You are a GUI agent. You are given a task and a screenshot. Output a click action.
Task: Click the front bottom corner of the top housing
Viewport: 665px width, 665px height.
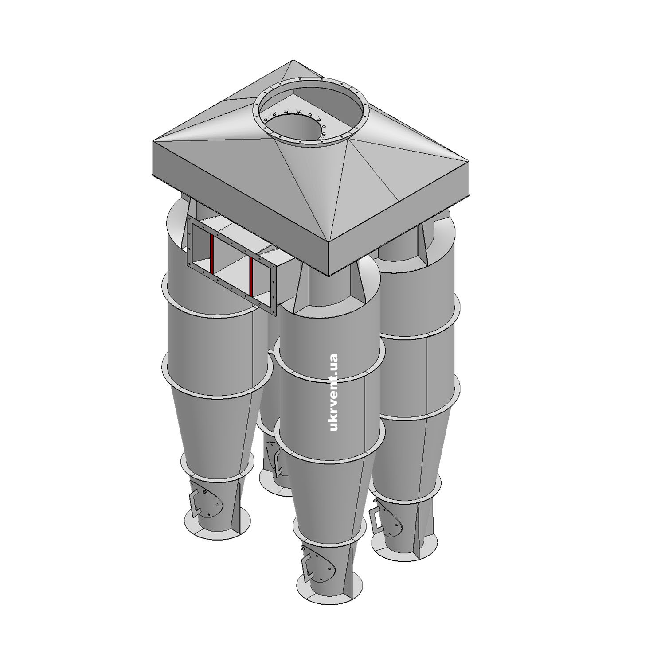point(329,276)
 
